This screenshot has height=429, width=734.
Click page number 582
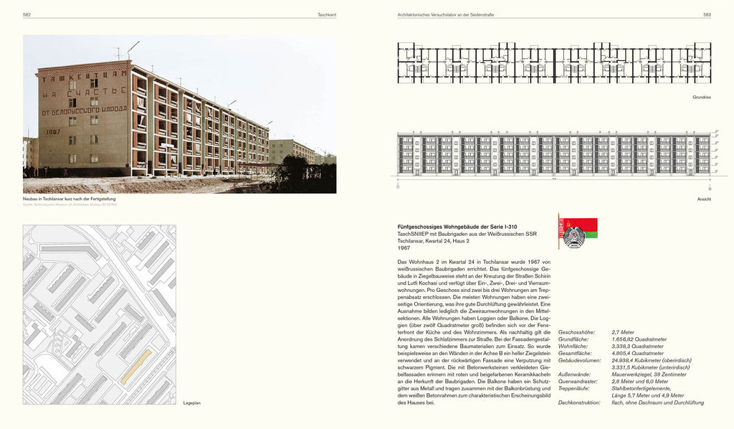point(27,14)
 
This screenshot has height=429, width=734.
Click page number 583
point(706,14)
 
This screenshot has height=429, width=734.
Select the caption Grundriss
point(701,96)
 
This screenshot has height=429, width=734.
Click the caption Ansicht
point(703,199)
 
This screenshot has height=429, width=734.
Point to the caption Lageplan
point(192,402)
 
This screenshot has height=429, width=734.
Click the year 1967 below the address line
point(404,248)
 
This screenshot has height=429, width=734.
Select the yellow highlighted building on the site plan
point(135,367)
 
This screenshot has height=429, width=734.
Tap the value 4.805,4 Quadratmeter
point(638,354)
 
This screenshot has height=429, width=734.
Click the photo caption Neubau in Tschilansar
point(69,199)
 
